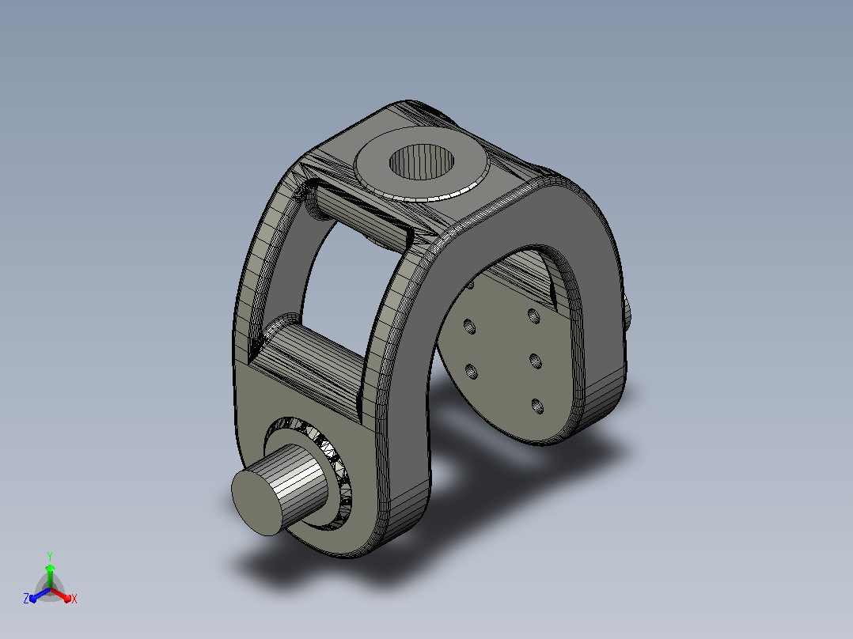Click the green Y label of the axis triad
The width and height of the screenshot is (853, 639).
[x=50, y=556]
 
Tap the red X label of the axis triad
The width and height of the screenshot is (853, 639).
[x=74, y=599]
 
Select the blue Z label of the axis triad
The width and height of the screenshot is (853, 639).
[x=25, y=599]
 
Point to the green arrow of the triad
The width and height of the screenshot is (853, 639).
[x=50, y=576]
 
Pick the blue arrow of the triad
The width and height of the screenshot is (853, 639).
[x=40, y=595]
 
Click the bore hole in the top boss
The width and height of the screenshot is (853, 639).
[x=422, y=161]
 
